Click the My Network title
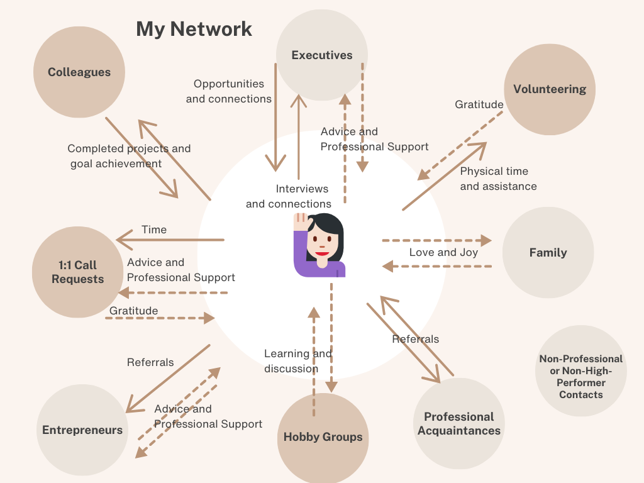[x=194, y=29]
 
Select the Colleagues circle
[x=79, y=72]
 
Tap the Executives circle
[x=322, y=55]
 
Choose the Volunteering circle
[x=550, y=89]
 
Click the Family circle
[x=548, y=253]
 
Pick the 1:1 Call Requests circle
[x=78, y=272]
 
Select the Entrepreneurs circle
[x=82, y=430]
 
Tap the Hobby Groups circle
[x=323, y=437]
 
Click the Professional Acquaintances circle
[x=459, y=424]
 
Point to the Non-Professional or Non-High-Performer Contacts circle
[x=580, y=376]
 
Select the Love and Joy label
[x=443, y=252]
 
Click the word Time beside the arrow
[x=154, y=230]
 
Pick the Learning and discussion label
[x=297, y=361]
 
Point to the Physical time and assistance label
[x=498, y=179]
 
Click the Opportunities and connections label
[x=229, y=91]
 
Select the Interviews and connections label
[x=289, y=196]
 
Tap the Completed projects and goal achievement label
[x=128, y=156]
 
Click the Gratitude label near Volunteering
[x=479, y=104]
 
